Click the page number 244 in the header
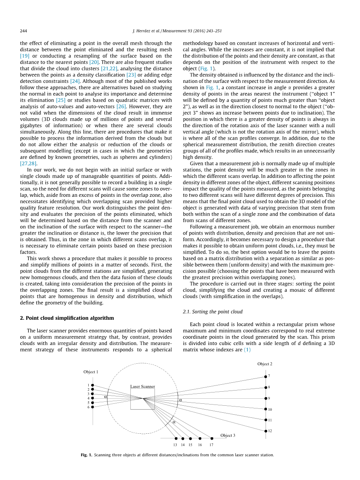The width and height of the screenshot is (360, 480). (23, 31)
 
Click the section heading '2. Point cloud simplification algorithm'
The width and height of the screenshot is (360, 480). (67, 318)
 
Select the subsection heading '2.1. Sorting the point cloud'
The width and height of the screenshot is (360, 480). (212, 312)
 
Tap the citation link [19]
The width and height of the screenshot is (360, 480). (25, 56)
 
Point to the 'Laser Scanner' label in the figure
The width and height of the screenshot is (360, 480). (142, 387)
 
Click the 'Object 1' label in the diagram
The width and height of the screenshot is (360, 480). (91, 372)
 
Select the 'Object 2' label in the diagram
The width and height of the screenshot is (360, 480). (265, 364)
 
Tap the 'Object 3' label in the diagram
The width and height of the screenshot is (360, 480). (228, 435)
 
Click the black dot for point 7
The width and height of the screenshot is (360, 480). (265, 377)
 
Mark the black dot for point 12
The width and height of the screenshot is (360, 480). (265, 431)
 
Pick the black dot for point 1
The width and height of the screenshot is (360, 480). (92, 385)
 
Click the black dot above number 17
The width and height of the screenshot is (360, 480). (212, 438)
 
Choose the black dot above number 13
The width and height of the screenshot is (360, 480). (176, 438)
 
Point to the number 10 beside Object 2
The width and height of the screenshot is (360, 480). (270, 410)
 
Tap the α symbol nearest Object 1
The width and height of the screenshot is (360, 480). (105, 397)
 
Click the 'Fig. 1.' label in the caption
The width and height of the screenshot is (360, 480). (86, 455)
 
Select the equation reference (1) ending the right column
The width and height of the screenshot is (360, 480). (247, 350)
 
